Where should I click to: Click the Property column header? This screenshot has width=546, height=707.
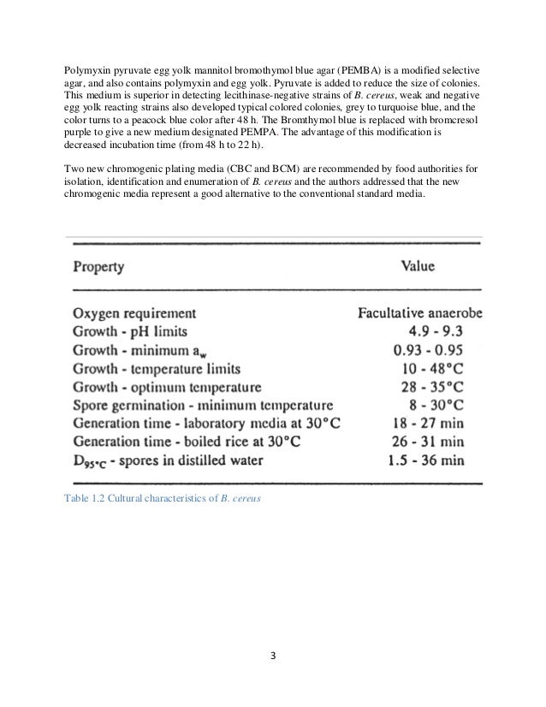[x=98, y=266]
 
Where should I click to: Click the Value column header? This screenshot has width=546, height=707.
[x=418, y=266]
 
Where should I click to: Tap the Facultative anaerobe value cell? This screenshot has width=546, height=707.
[x=419, y=313]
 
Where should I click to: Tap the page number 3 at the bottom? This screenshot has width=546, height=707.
[x=272, y=658]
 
